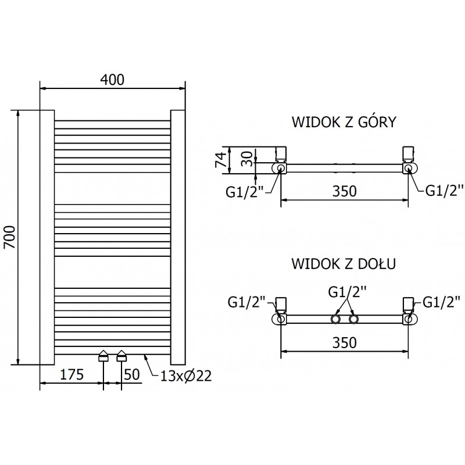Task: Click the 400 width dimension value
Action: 112,80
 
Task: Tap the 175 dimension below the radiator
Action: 72,375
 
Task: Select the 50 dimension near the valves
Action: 132,375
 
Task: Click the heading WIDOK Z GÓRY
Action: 344,123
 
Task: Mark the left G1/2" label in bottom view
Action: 247,301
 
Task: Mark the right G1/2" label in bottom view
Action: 441,301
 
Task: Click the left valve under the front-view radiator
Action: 103,356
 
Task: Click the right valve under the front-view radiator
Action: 121,356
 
